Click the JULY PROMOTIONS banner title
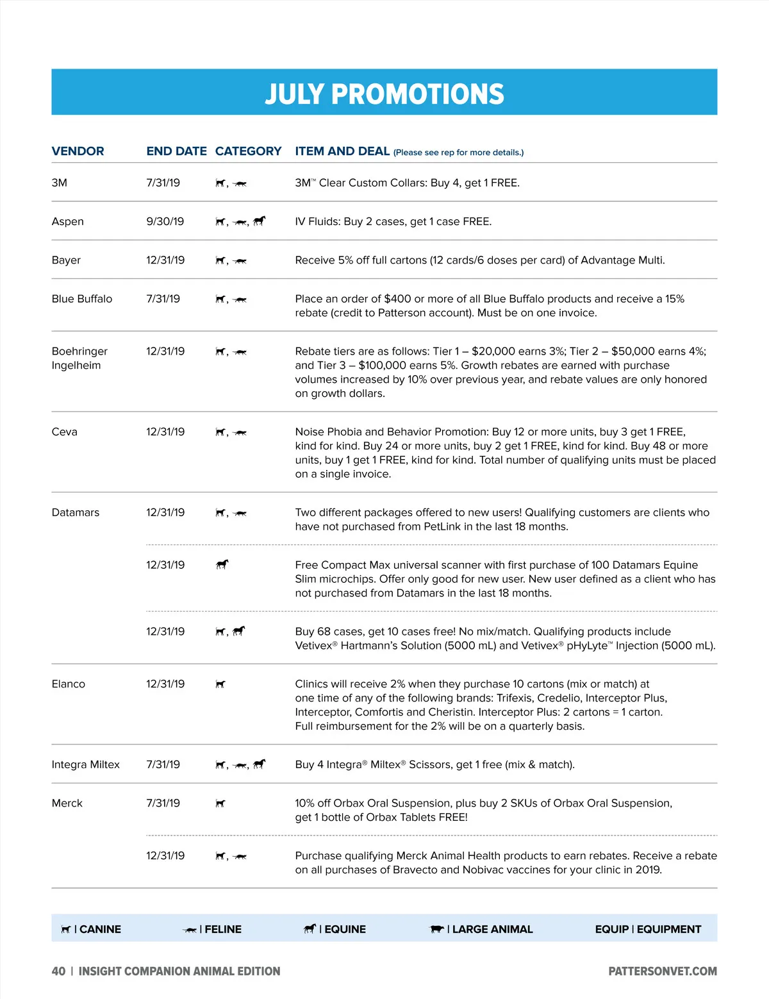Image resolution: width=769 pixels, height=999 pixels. (384, 94)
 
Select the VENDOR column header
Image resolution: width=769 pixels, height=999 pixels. (78, 151)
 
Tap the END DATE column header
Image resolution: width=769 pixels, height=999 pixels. (176, 151)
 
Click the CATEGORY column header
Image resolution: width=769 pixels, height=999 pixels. (248, 151)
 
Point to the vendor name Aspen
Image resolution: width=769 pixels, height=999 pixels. (67, 221)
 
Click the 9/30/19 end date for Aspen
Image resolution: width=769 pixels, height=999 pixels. (165, 221)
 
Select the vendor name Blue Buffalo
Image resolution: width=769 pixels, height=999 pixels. (81, 299)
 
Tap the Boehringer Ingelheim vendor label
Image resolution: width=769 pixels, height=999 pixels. (79, 358)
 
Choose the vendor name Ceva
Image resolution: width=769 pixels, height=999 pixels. (64, 432)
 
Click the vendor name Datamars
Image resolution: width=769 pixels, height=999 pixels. (75, 512)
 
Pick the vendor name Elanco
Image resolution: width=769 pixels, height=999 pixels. (68, 684)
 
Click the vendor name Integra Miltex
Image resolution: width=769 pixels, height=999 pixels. (85, 764)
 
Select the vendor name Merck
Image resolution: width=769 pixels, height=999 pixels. (67, 803)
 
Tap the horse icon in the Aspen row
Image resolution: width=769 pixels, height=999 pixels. (259, 221)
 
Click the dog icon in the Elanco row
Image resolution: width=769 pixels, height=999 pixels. (220, 684)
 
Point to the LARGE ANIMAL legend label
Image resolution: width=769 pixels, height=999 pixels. (492, 929)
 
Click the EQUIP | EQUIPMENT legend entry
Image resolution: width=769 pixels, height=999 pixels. (648, 929)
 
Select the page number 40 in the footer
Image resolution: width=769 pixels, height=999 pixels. (58, 971)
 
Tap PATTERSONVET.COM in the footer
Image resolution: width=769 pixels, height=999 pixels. (663, 971)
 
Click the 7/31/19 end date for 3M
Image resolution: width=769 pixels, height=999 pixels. (163, 183)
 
